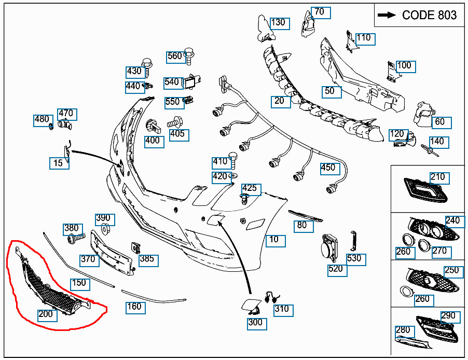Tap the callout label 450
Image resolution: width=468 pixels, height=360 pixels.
point(328,168)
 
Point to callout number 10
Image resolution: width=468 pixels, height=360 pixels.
point(274,240)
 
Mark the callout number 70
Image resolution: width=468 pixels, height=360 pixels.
point(320,12)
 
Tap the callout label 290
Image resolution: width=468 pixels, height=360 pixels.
point(448,316)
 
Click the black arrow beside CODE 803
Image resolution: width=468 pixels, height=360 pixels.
point(387,15)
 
